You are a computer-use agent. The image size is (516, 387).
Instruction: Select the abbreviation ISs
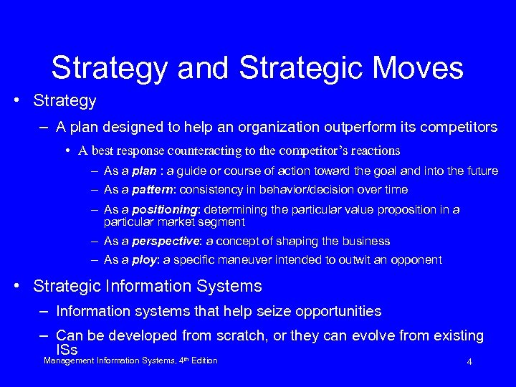[66, 349]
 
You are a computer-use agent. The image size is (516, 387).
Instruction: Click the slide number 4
[469, 362]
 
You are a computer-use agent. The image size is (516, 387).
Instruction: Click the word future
[479, 171]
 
